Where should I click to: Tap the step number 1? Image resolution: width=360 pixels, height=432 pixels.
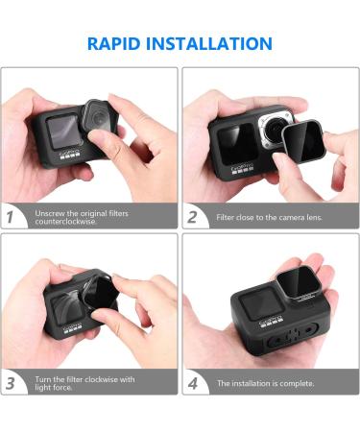click(x=10, y=217)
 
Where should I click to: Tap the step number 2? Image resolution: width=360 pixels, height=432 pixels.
click(x=192, y=217)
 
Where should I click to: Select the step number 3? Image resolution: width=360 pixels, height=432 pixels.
click(x=11, y=383)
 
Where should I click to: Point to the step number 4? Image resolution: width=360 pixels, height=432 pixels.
click(x=192, y=383)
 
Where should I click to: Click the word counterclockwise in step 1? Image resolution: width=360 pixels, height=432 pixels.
click(x=65, y=222)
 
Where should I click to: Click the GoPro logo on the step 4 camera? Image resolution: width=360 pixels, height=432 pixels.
click(x=270, y=320)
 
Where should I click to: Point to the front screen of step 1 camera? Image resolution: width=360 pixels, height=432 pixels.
click(x=62, y=132)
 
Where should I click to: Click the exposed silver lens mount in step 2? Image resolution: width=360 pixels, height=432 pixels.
click(x=273, y=131)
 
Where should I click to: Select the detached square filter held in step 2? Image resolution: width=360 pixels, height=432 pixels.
click(x=303, y=141)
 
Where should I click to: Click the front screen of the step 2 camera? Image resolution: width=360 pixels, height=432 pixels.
click(x=237, y=144)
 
